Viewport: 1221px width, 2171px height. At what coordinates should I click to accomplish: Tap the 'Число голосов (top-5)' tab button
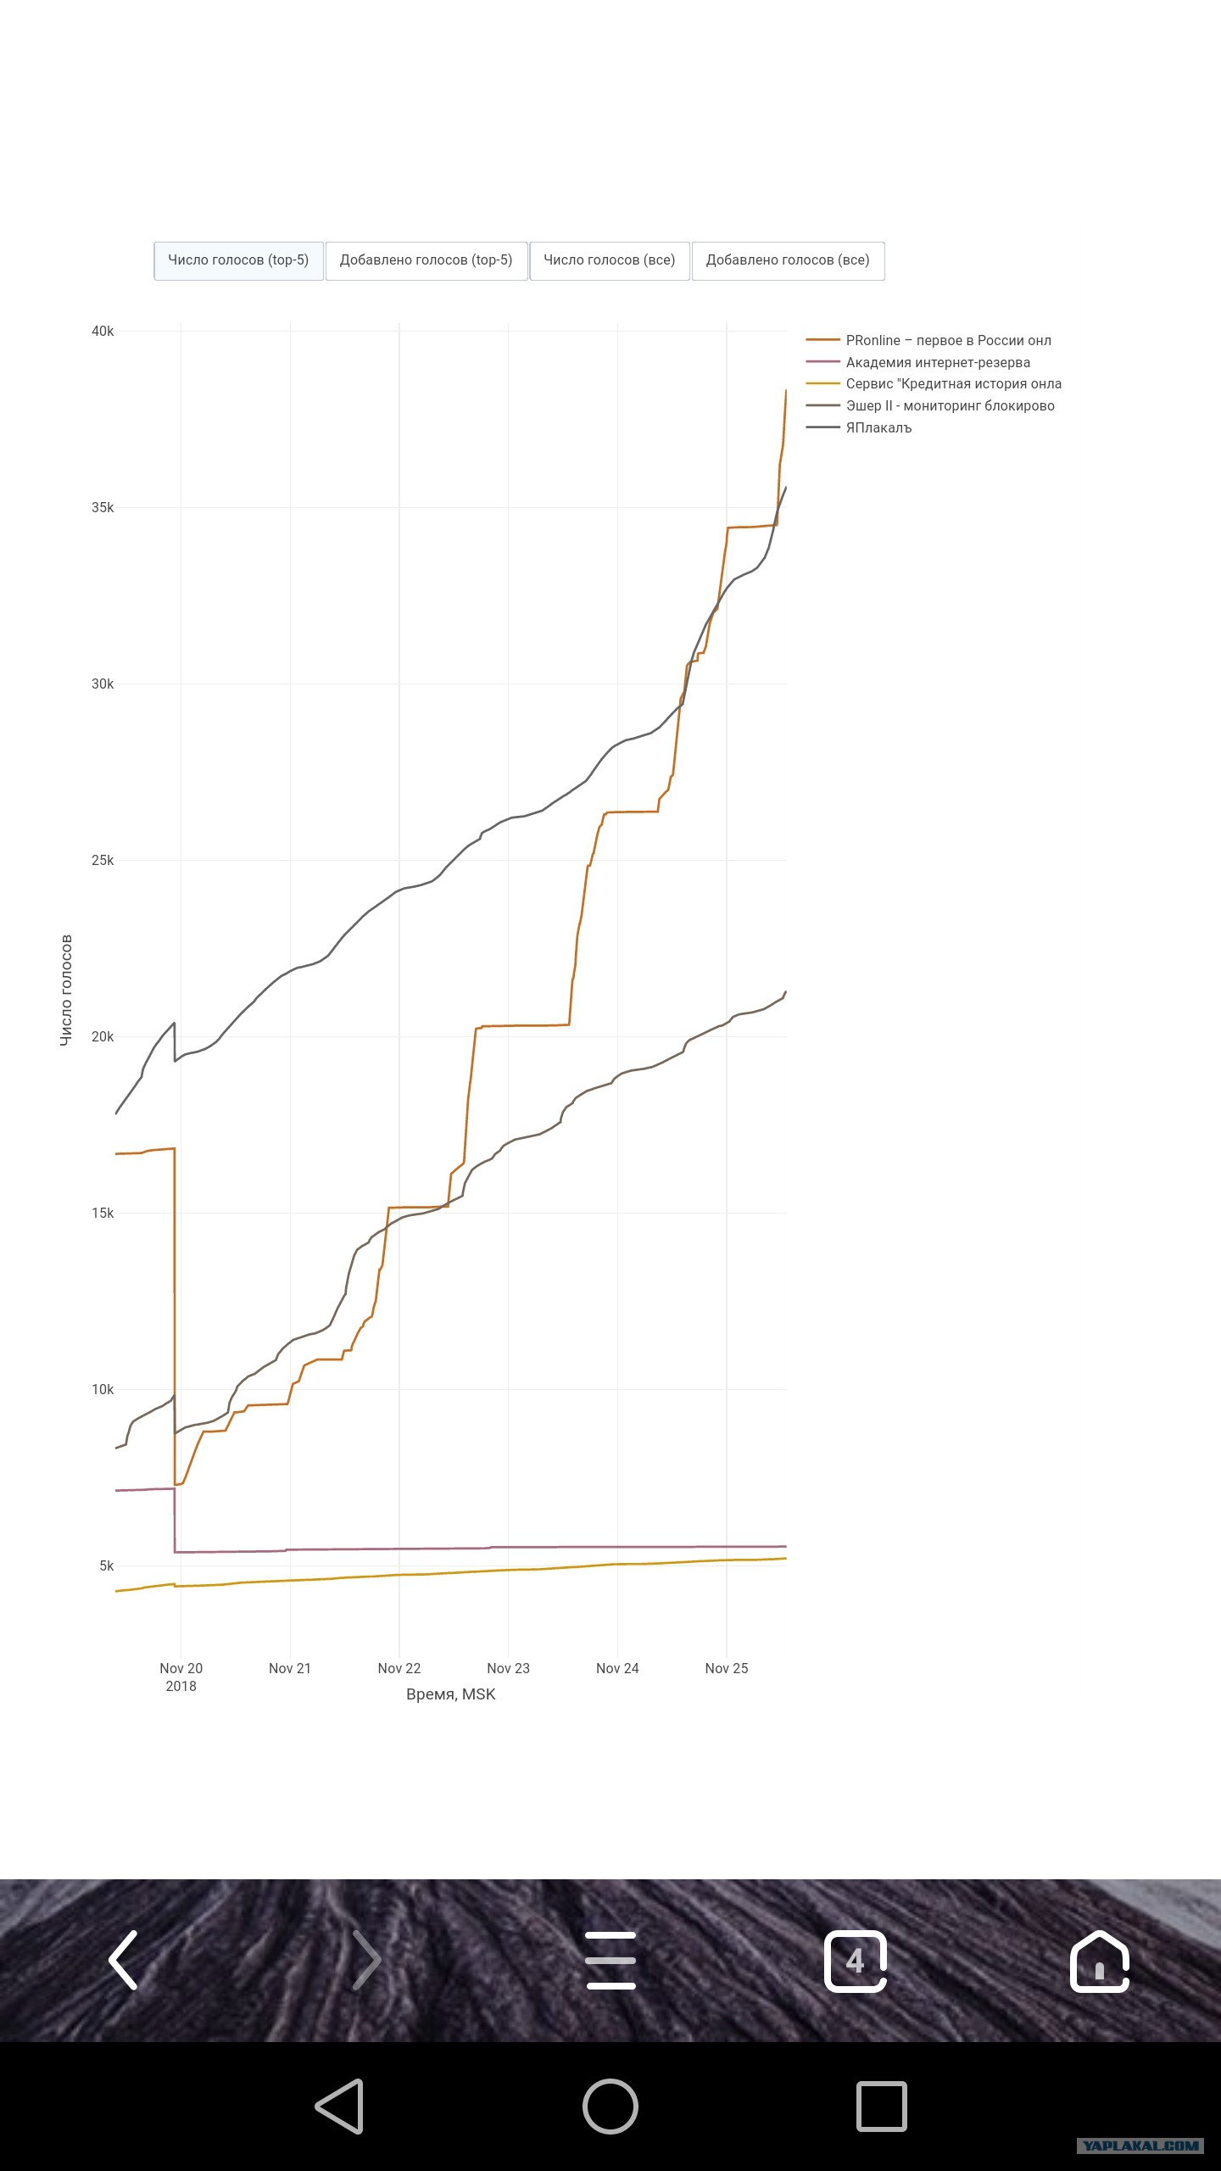click(x=238, y=260)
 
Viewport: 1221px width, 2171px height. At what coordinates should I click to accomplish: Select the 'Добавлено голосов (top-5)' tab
click(x=427, y=260)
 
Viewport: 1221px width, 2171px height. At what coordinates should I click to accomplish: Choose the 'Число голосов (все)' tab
click(x=610, y=260)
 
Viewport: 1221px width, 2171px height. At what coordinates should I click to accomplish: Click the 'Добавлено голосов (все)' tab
click(x=788, y=260)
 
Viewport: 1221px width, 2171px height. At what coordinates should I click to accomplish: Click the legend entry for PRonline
click(x=928, y=340)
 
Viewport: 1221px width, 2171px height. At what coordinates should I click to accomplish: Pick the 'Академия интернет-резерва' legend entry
click(x=918, y=362)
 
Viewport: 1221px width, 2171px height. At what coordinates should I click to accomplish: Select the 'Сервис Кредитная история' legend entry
click(x=934, y=383)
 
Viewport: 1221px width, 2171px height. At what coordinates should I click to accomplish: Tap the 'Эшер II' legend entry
click(x=930, y=405)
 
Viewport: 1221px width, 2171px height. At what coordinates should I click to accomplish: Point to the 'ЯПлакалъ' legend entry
click(x=859, y=427)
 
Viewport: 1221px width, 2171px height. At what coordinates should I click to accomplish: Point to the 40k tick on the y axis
click(x=103, y=332)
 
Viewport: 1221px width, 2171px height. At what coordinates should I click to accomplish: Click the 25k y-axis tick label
click(x=103, y=861)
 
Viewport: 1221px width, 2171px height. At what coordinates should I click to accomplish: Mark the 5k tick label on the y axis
click(x=106, y=1566)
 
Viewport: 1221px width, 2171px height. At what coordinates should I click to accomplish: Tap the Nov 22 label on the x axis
click(x=399, y=1668)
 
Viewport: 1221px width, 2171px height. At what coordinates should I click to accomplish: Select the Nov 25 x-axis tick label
click(x=727, y=1668)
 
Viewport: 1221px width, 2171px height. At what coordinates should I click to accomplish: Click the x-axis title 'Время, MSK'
click(x=451, y=1694)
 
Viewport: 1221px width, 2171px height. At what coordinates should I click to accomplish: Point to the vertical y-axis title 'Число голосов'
click(x=66, y=990)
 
